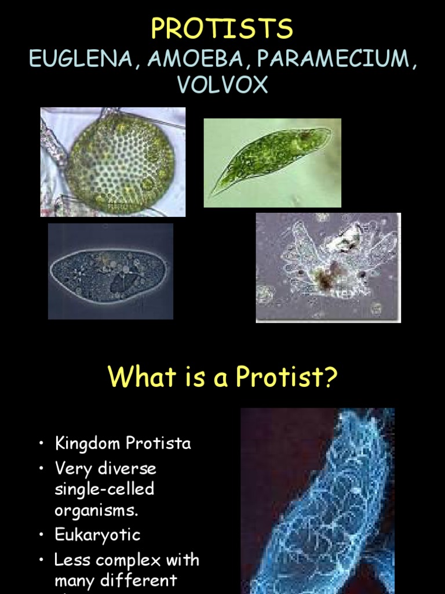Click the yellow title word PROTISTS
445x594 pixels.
pyautogui.click(x=222, y=28)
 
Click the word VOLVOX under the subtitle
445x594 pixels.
pyautogui.click(x=222, y=84)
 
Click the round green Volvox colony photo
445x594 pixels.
pyautogui.click(x=113, y=162)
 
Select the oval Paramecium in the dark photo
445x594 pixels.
pyautogui.click(x=110, y=271)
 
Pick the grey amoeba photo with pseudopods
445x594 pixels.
pyautogui.click(x=328, y=268)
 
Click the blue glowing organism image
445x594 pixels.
pyautogui.click(x=318, y=501)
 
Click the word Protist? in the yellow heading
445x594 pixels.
pyautogui.click(x=286, y=376)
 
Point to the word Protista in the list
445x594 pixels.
pyautogui.click(x=158, y=443)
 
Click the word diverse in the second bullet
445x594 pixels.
pyautogui.click(x=127, y=468)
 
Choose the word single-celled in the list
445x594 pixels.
pyautogui.click(x=104, y=489)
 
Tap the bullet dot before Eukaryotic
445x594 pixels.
pyautogui.click(x=42, y=535)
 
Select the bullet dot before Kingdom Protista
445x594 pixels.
pyautogui.click(x=42, y=443)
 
